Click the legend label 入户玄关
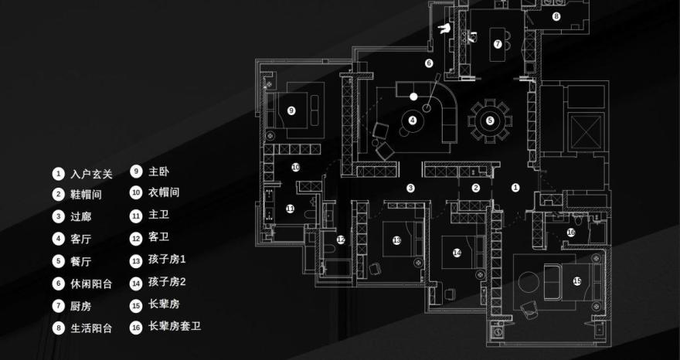(91, 174)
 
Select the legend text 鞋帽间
(86, 195)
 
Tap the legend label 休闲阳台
(91, 284)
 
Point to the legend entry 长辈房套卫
(175, 327)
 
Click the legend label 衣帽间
(164, 192)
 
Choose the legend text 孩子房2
(168, 282)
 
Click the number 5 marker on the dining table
(490, 121)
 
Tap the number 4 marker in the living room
(413, 120)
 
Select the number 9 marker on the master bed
(291, 110)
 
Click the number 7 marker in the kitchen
(498, 44)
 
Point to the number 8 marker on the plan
(556, 16)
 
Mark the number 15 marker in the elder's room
(577, 281)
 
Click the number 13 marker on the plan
(396, 240)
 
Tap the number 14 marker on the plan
(457, 253)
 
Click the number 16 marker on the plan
(571, 232)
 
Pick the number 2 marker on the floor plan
(476, 188)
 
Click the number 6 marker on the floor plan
(428, 63)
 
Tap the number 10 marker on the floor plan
(295, 167)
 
